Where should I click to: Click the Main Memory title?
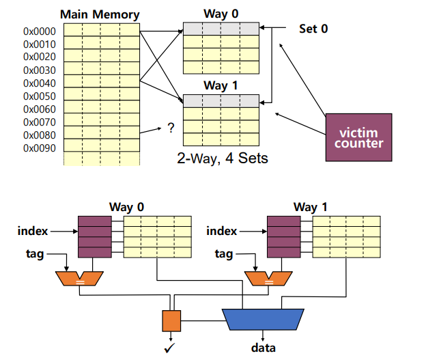coord(100,14)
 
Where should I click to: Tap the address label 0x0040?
coord(40,83)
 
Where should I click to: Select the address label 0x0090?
coord(40,148)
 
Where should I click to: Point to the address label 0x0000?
coord(40,31)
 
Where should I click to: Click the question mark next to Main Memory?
coord(170,127)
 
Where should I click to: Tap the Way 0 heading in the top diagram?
coord(221,14)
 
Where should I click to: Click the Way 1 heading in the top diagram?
coord(221,86)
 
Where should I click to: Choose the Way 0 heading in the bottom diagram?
coord(126,206)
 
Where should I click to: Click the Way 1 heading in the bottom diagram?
coord(311,206)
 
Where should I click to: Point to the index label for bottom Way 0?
coord(33,231)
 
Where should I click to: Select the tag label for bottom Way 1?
coord(224,254)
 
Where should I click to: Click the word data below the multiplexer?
coord(263,348)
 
